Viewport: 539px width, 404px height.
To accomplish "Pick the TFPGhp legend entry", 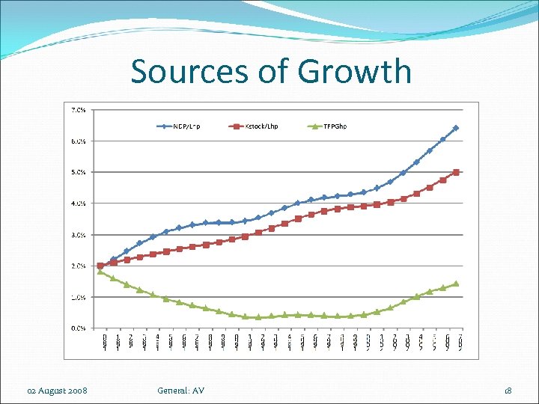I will coord(333,126).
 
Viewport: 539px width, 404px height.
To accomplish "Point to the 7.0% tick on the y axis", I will coord(78,109).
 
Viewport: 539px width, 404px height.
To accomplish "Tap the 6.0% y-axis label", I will coord(78,141).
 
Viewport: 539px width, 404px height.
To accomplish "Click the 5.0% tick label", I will coord(78,172).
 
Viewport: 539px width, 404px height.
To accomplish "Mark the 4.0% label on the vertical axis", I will coord(78,203).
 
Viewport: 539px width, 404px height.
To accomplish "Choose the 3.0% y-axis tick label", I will coord(78,235).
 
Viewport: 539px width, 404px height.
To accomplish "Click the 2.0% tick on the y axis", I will coord(78,266).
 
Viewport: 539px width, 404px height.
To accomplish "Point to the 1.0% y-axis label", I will coord(78,297).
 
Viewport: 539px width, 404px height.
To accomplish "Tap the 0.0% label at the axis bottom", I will coord(78,328).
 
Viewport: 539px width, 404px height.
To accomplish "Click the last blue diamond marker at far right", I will coord(455,128).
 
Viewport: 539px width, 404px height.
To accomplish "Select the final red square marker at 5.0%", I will coord(455,172).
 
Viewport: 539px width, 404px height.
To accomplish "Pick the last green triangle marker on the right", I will coord(455,284).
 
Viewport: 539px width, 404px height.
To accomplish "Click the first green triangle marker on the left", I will coord(100,272).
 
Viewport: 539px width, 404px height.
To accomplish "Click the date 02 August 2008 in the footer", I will coord(57,391).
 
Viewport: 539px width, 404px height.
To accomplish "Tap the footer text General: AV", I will coord(180,391).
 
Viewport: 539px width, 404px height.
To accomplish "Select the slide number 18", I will coord(508,391).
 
